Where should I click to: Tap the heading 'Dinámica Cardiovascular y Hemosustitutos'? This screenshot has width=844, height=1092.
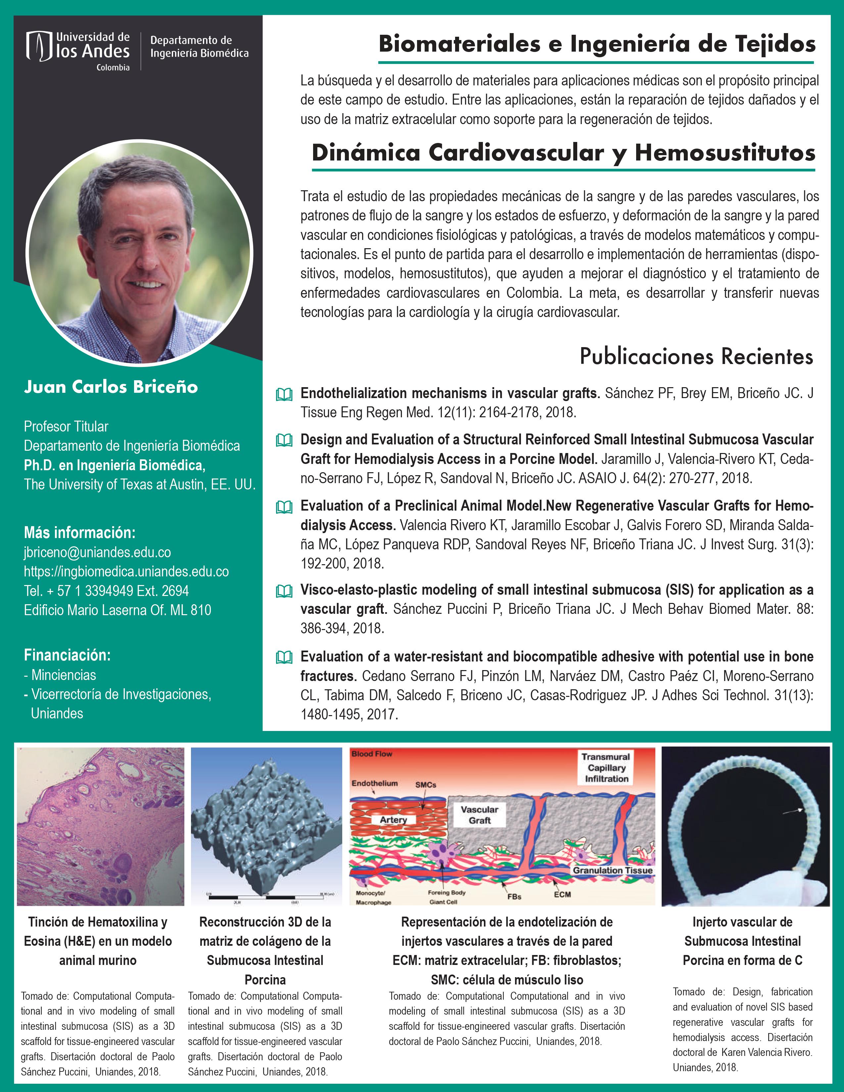coord(563,153)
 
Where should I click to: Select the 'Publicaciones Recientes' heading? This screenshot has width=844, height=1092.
coord(696,356)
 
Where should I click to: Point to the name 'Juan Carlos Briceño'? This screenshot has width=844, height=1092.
coord(111,387)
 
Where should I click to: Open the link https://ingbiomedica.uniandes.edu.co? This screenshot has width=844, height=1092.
coord(126,571)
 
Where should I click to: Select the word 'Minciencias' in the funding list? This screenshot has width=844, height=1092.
coord(64,675)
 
